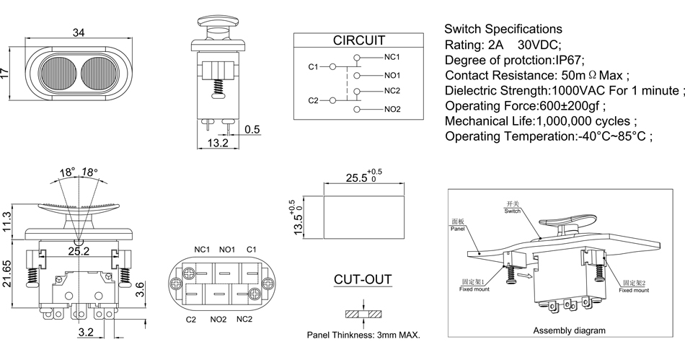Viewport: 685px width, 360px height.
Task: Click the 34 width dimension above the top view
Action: (x=79, y=32)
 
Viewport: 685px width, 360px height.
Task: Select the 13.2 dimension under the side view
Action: (x=217, y=144)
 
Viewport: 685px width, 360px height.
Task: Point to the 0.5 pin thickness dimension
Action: (x=252, y=130)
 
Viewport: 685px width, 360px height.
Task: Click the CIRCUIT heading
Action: (x=358, y=40)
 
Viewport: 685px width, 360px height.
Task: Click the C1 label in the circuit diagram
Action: (x=312, y=66)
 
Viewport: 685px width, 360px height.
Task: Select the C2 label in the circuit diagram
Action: (x=312, y=100)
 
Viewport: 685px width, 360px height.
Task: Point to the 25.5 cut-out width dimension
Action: (x=356, y=177)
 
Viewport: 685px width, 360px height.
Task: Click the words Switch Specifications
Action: (x=503, y=29)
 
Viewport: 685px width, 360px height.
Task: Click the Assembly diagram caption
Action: (x=569, y=330)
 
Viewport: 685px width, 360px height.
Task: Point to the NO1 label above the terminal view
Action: (x=228, y=250)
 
